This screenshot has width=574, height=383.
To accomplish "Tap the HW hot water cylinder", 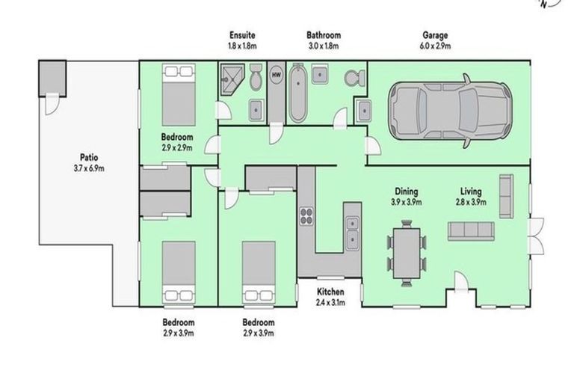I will coord(276,75).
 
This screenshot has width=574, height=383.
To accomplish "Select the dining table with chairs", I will coord(407,252).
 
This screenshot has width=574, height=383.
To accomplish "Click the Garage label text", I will coord(436,34).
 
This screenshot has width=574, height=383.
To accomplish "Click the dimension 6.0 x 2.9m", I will coord(436,45).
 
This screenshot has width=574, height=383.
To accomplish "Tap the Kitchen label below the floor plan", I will coord(330,291).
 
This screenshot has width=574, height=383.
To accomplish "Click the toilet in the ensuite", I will coord(256,76).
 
